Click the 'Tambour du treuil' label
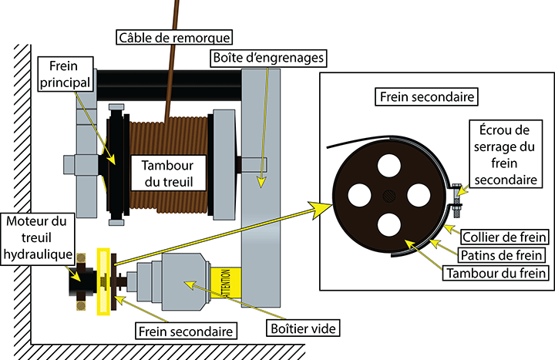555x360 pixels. point(166,173)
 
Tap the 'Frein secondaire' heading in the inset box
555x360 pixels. point(426,98)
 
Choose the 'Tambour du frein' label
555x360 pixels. point(506,272)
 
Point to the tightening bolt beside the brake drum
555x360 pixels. point(457,197)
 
